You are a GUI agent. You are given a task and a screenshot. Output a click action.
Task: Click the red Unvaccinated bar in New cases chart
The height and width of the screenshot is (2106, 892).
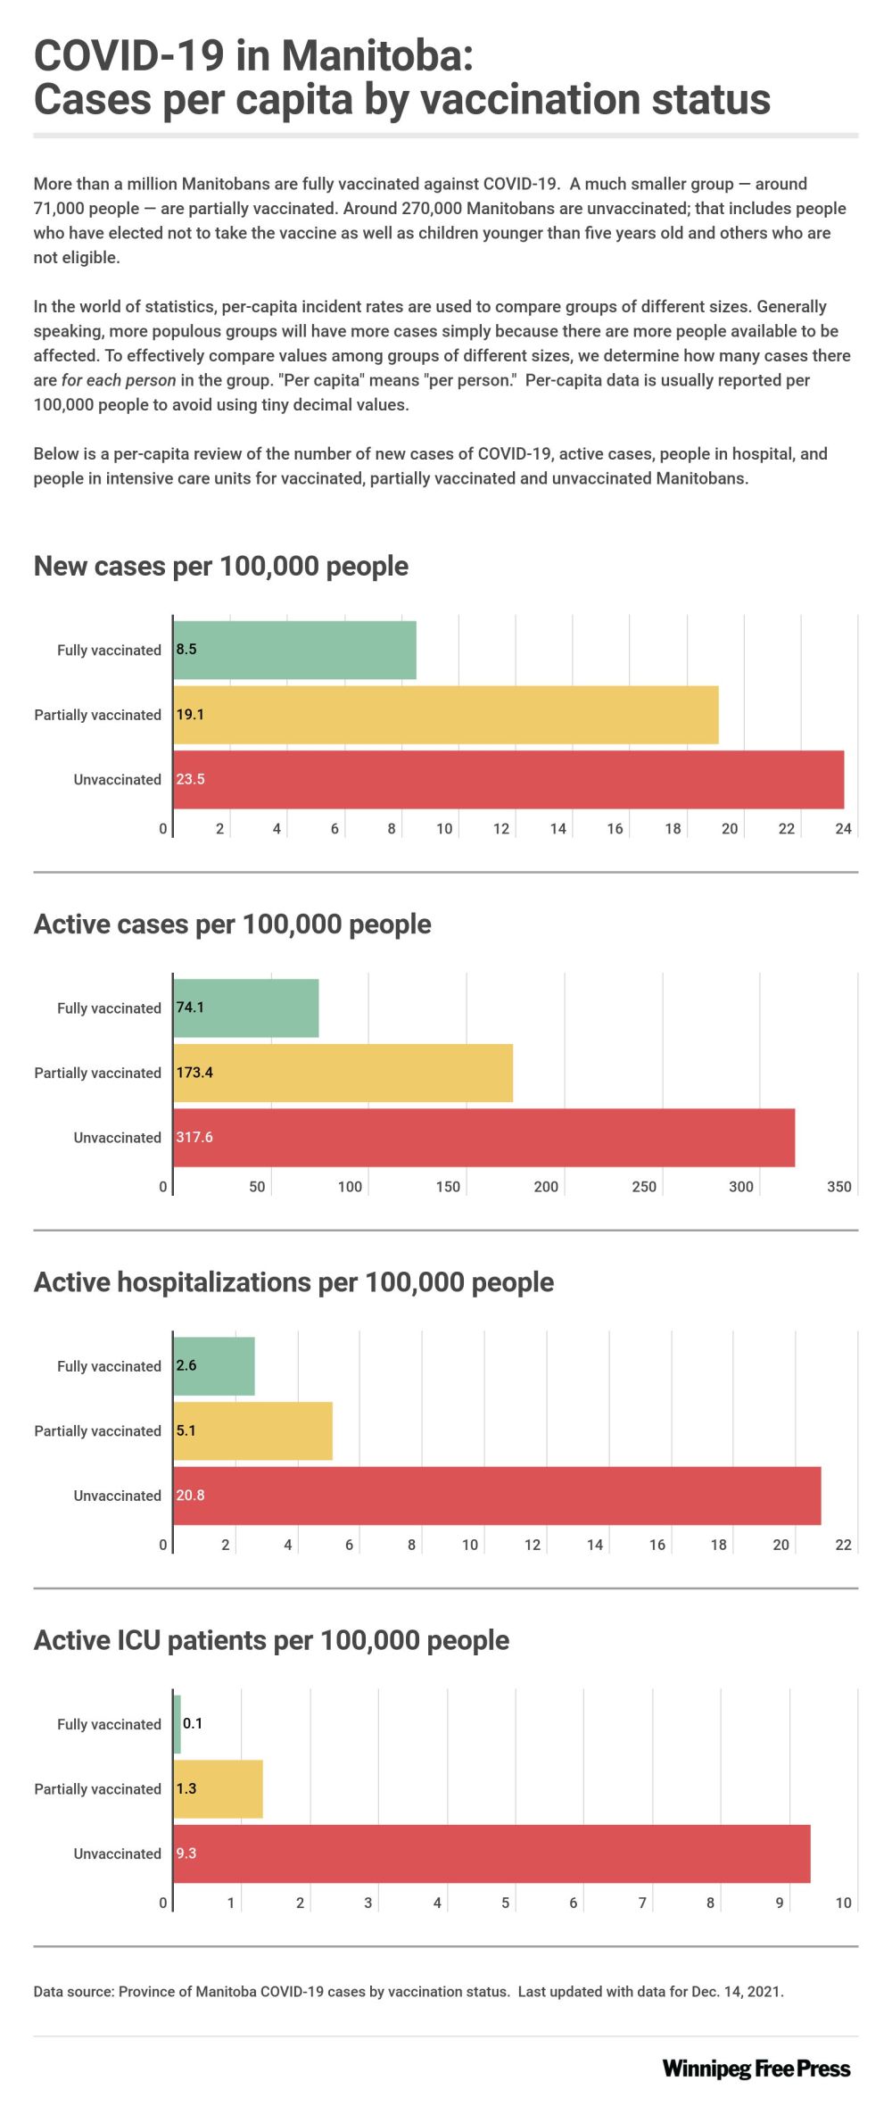pyautogui.click(x=508, y=779)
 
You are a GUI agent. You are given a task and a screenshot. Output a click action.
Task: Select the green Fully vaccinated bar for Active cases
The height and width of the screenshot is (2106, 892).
pyautogui.click(x=246, y=1007)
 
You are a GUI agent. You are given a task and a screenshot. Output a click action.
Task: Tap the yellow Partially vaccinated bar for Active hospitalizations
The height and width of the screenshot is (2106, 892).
pyautogui.click(x=253, y=1430)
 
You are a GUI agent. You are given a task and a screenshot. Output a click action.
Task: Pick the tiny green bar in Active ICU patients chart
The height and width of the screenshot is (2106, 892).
pyautogui.click(x=178, y=1723)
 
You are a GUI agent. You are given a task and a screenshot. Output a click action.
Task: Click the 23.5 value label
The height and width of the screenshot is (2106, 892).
pyautogui.click(x=190, y=779)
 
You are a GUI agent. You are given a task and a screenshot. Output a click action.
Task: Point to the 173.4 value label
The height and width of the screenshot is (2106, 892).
pyautogui.click(x=194, y=1073)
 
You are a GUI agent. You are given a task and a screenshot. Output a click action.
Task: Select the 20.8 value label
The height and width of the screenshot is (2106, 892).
pyautogui.click(x=190, y=1495)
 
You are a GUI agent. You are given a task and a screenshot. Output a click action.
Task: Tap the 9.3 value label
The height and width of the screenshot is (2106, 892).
pyautogui.click(x=186, y=1853)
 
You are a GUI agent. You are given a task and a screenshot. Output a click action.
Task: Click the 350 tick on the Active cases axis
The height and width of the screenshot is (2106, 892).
pyautogui.click(x=838, y=1187)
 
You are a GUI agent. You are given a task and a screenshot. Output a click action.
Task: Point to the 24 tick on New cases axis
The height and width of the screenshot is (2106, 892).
pyautogui.click(x=843, y=829)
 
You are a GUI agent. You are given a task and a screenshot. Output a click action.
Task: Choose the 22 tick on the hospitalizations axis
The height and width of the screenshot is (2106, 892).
pyautogui.click(x=843, y=1545)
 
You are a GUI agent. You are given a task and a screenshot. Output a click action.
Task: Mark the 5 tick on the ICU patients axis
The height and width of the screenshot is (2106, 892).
pyautogui.click(x=505, y=1903)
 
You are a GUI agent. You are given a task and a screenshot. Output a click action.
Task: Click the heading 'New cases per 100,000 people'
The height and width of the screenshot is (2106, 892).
pyautogui.click(x=220, y=566)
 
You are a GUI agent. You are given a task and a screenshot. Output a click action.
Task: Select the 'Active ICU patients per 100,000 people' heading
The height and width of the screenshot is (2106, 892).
pyautogui.click(x=271, y=1640)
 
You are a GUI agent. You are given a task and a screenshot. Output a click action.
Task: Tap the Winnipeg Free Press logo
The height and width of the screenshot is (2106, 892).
pyautogui.click(x=756, y=2069)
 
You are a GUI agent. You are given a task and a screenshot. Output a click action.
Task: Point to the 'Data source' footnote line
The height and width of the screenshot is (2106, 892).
pyautogui.click(x=409, y=1992)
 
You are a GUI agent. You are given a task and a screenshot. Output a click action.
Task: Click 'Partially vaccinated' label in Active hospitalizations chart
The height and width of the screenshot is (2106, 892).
pyautogui.click(x=97, y=1431)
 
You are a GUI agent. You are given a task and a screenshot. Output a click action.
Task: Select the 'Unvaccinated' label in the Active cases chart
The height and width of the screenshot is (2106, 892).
pyautogui.click(x=117, y=1138)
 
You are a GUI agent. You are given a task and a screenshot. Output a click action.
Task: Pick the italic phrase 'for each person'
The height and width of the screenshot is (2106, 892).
pyautogui.click(x=119, y=380)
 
